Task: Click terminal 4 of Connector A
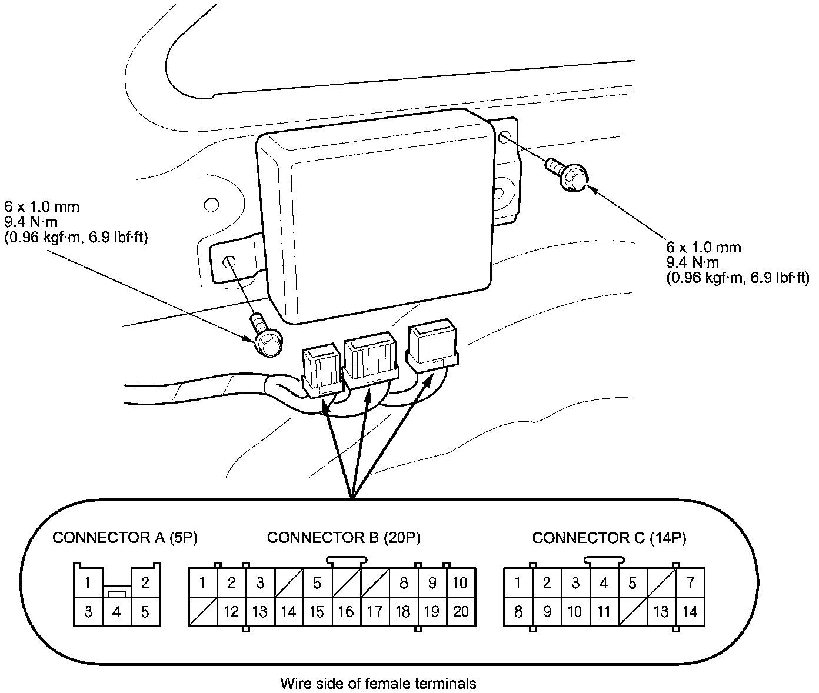(x=116, y=612)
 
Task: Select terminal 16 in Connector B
(x=346, y=612)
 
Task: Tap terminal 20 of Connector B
(x=461, y=612)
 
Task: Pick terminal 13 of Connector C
(x=661, y=612)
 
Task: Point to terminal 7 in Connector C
(x=690, y=583)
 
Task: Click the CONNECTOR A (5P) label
(x=125, y=537)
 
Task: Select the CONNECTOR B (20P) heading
(x=344, y=537)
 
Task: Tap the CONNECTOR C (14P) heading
(x=609, y=537)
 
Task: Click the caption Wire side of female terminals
(x=378, y=684)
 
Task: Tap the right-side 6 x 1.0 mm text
(x=704, y=247)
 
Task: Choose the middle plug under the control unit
(x=370, y=359)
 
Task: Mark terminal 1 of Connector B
(x=202, y=583)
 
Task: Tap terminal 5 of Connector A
(x=145, y=612)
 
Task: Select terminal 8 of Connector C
(x=518, y=612)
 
